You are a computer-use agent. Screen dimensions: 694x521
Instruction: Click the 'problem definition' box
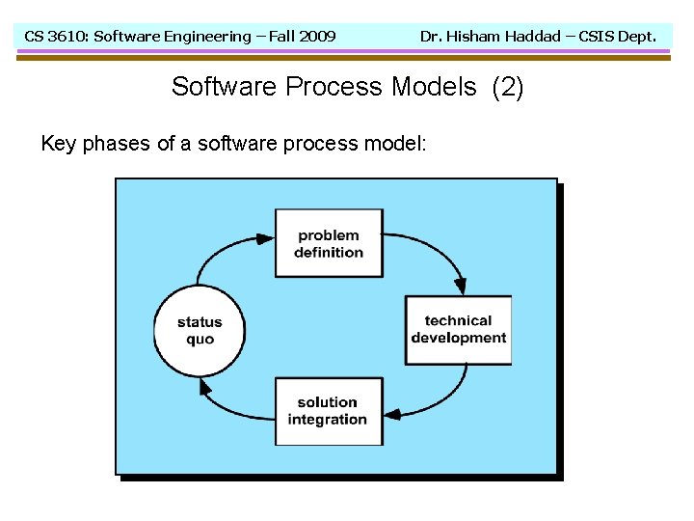(329, 243)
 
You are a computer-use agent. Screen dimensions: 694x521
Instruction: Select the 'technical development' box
(458, 329)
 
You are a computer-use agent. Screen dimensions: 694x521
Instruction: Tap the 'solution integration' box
(328, 411)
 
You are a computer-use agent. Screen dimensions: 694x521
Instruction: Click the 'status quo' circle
(200, 330)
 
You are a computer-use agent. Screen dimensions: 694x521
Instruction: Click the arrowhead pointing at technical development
(461, 286)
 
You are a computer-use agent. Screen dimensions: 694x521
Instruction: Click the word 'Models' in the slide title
(434, 87)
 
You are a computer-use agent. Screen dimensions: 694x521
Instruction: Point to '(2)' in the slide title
(508, 87)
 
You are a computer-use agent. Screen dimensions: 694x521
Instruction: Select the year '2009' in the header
(317, 37)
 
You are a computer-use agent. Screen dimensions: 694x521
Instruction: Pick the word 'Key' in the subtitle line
(58, 145)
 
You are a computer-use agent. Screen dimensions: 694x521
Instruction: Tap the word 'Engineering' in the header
(206, 37)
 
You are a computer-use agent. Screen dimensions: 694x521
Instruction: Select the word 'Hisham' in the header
(473, 37)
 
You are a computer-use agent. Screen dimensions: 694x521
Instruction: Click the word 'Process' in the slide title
(335, 87)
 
